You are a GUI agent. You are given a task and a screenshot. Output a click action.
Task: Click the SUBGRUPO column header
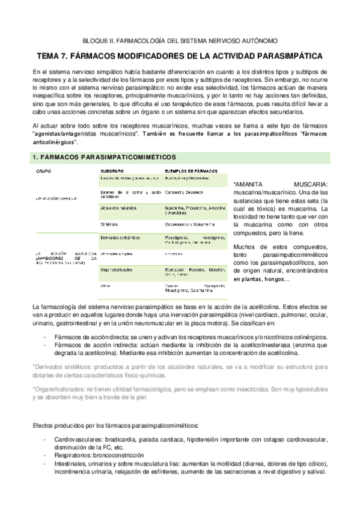click(x=112, y=171)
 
